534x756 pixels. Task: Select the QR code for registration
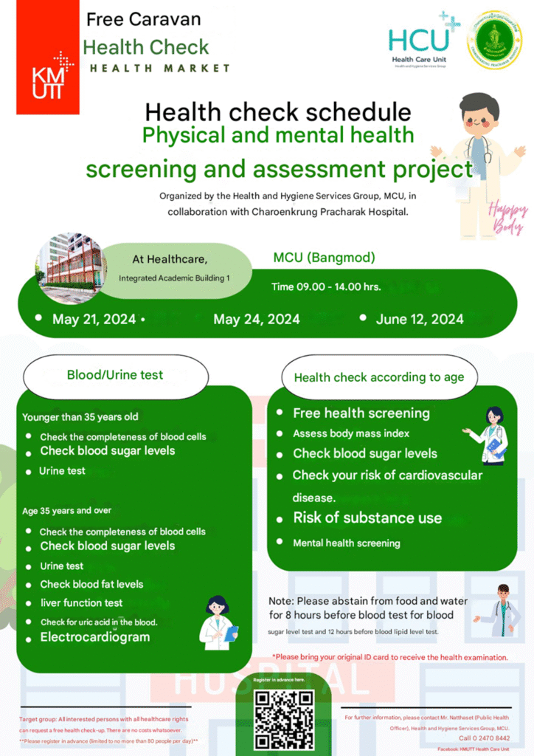283,721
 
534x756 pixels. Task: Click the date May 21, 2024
94,319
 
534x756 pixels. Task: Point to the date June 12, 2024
419,318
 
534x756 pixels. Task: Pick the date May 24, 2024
256,319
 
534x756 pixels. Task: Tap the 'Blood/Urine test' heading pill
115,375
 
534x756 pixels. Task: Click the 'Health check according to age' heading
379,377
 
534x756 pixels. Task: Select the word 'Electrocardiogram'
94,637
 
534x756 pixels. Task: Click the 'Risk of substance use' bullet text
367,518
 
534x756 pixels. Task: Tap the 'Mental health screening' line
347,543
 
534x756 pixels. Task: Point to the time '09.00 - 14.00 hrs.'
326,286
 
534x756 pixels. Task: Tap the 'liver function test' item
81,602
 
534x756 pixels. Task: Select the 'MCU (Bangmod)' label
324,258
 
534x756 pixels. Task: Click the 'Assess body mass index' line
351,433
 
